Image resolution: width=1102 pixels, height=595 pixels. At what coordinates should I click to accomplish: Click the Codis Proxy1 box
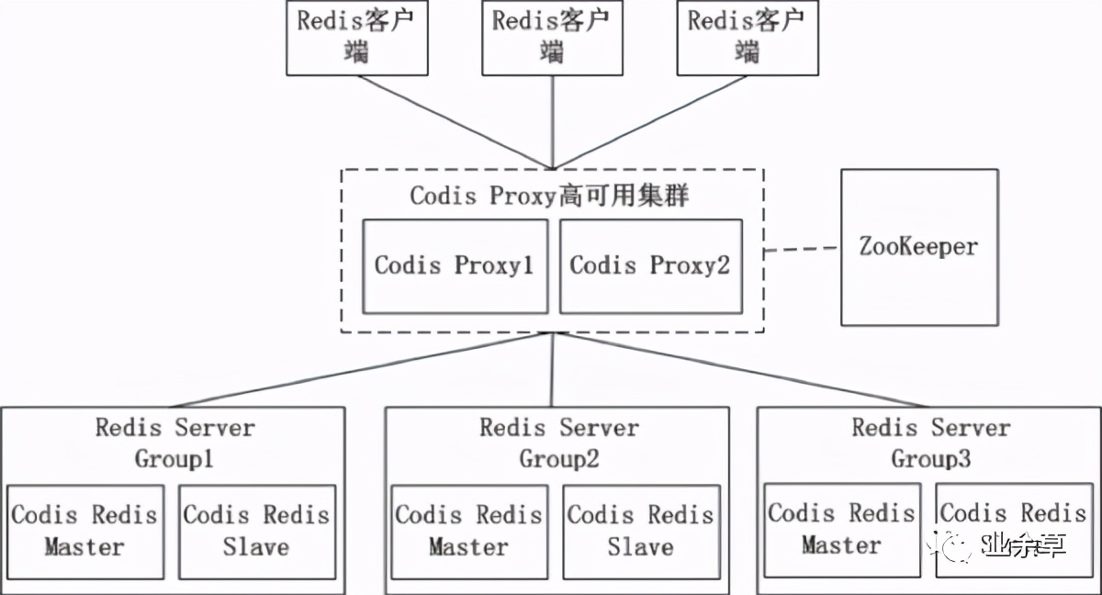454,265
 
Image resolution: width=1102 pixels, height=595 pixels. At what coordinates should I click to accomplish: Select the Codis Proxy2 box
650,265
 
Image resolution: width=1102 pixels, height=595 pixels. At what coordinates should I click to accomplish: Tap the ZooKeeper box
918,247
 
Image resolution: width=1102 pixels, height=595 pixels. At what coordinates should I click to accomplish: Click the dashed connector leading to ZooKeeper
803,249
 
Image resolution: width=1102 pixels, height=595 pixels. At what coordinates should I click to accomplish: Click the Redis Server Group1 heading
174,442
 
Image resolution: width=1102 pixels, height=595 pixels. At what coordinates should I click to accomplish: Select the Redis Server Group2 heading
558,442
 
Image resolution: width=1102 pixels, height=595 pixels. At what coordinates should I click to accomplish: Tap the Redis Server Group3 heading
930,442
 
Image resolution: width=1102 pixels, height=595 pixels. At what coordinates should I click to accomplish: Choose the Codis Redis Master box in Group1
84,532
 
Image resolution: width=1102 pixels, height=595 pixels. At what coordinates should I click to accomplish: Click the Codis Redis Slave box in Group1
255,532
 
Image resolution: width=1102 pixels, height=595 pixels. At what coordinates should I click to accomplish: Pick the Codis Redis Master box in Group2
468,532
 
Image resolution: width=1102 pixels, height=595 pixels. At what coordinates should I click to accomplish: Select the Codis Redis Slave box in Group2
640,532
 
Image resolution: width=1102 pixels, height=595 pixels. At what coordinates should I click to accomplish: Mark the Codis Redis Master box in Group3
841,530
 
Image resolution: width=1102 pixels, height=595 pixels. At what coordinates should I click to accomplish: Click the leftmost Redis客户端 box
357,38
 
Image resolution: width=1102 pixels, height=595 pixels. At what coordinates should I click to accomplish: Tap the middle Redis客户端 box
552,38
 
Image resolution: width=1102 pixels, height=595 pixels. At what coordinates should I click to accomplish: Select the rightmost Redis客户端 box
748,38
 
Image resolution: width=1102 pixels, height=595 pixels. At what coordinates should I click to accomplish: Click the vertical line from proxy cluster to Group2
552,369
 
